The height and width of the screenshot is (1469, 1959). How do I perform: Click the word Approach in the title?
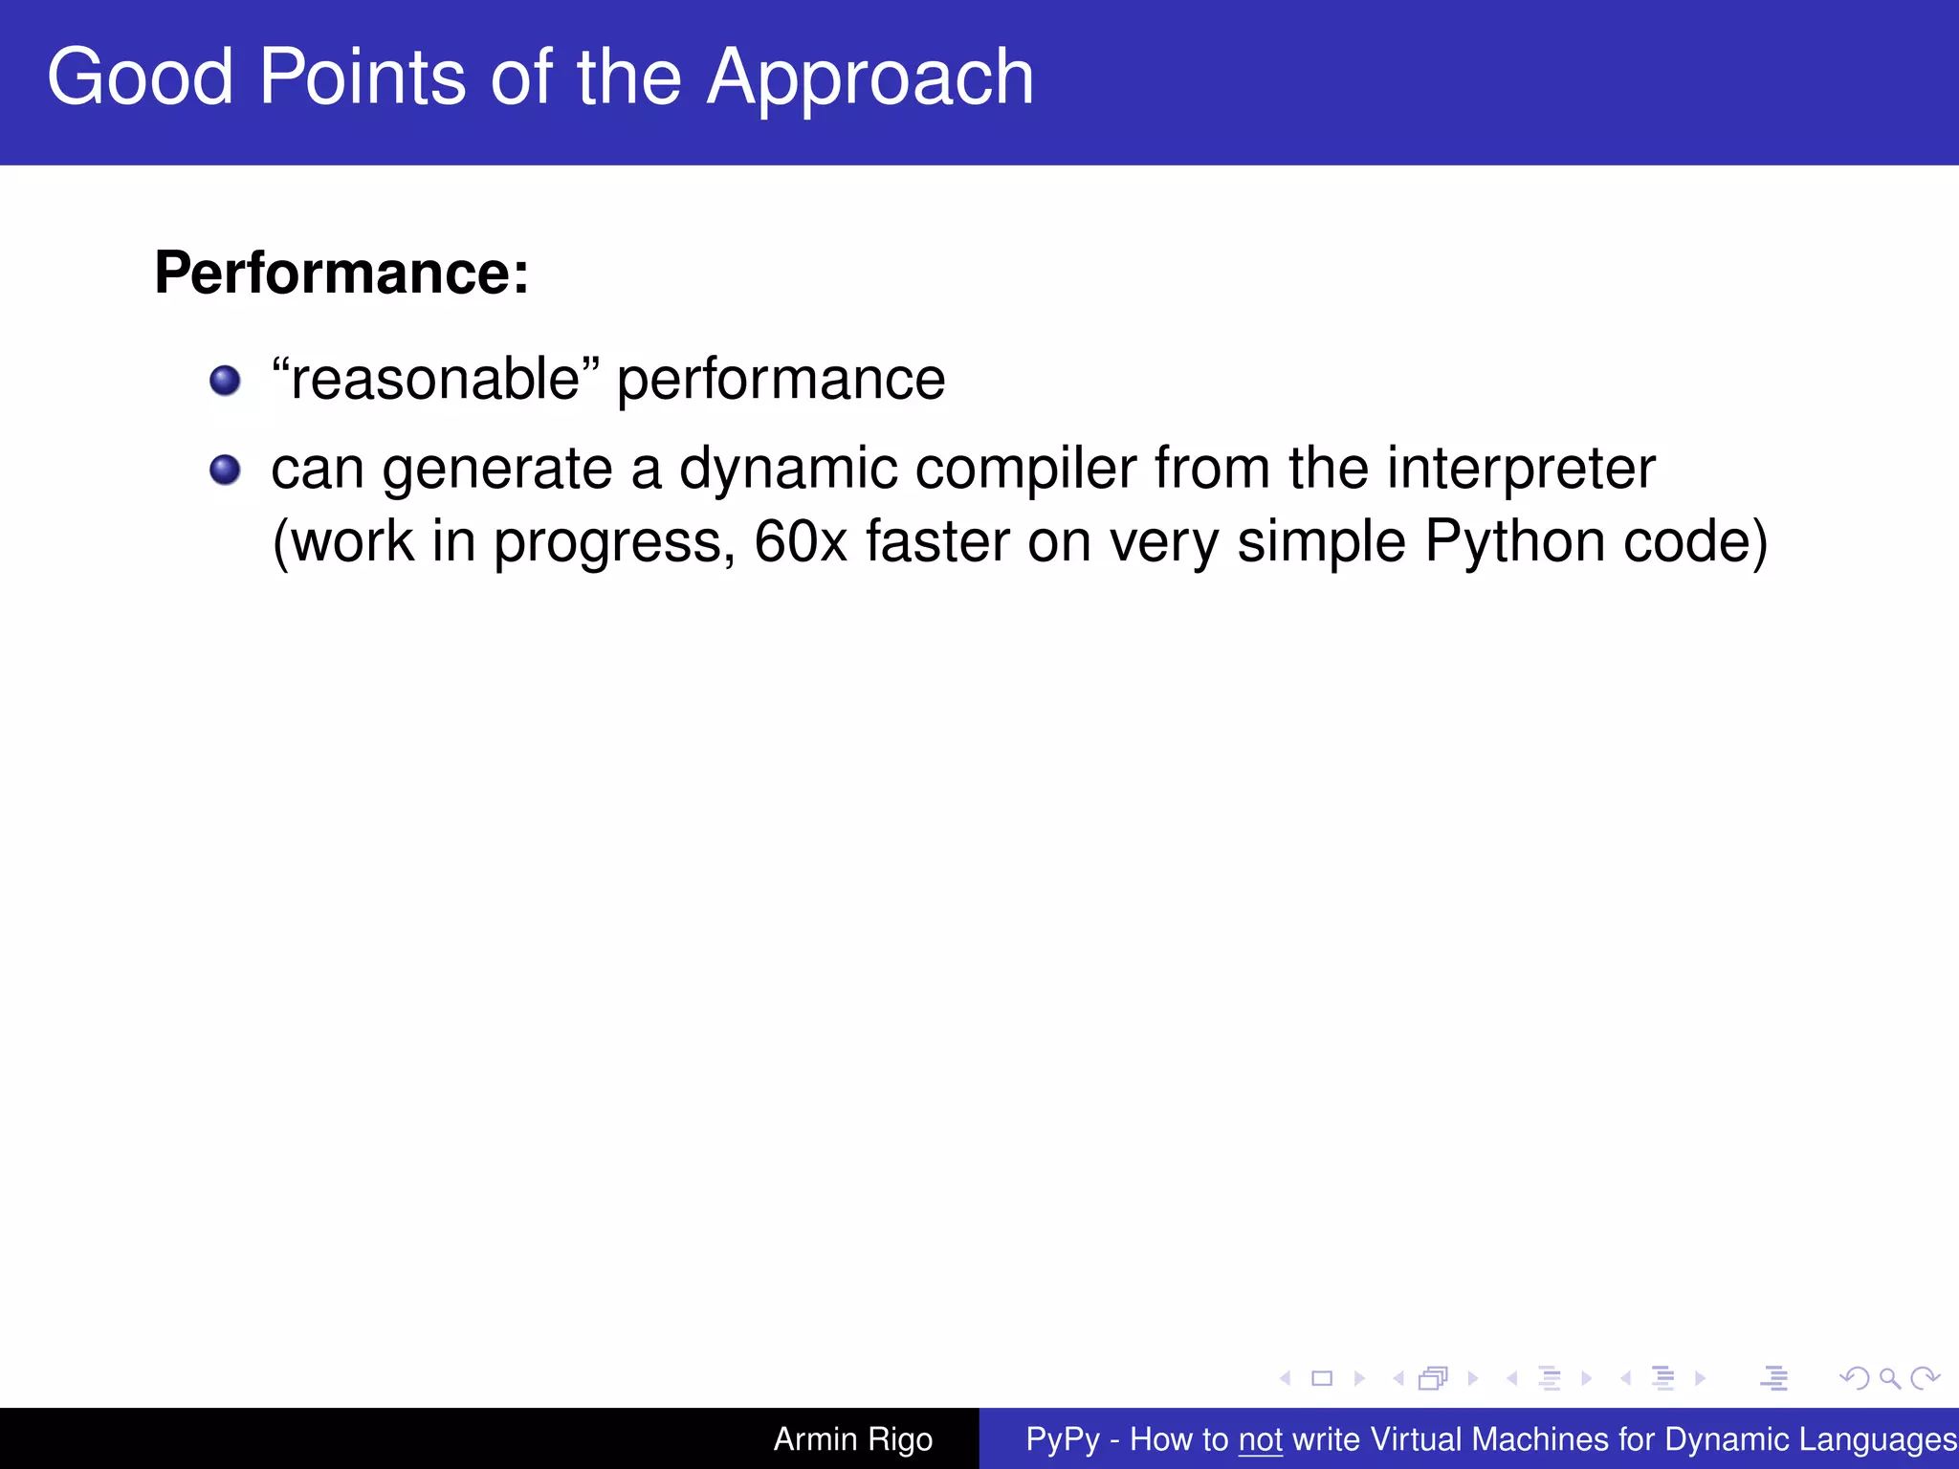[x=869, y=78]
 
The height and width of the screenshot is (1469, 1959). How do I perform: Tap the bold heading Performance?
[x=341, y=274]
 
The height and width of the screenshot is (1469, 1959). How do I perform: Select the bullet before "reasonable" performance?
[x=225, y=381]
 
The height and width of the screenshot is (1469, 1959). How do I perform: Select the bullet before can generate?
[x=225, y=470]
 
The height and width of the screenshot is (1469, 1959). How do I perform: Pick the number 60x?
[x=801, y=541]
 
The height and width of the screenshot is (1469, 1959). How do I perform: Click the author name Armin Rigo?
[x=852, y=1439]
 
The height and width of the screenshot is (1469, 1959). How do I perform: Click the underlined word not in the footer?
[x=1260, y=1439]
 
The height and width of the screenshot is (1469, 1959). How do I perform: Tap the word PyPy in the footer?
[x=1063, y=1439]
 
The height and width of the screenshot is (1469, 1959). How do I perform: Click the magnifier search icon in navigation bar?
[x=1889, y=1378]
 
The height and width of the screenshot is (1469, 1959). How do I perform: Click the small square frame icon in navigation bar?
[x=1322, y=1378]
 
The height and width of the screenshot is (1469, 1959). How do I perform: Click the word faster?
[x=937, y=541]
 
